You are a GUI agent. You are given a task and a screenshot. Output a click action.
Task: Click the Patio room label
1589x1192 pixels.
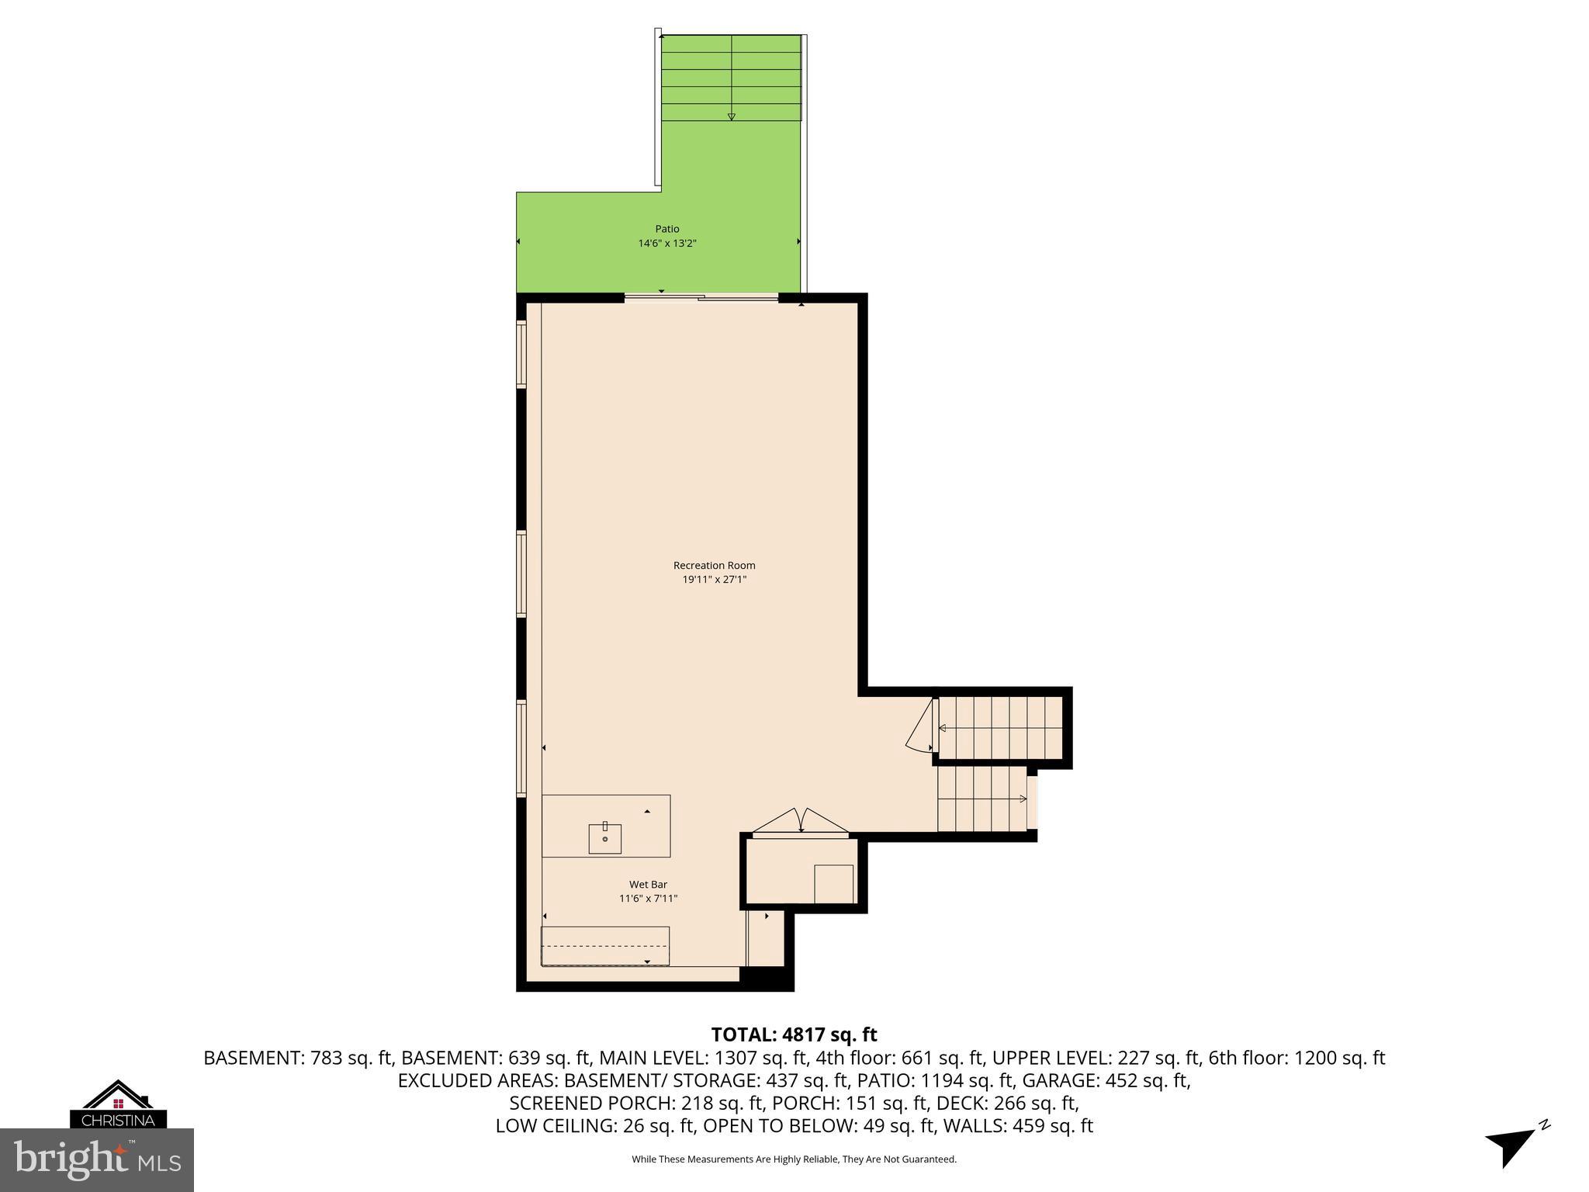tap(666, 229)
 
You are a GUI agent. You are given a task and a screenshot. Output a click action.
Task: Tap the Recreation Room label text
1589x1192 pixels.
tap(714, 565)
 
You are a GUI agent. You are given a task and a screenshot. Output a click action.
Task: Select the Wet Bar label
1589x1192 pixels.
tap(648, 884)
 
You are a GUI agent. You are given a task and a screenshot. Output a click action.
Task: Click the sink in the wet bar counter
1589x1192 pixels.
tap(605, 838)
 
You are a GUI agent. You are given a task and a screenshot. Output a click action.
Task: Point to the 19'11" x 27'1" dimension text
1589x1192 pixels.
tap(714, 579)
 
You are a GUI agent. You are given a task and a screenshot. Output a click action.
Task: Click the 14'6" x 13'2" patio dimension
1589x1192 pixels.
tap(667, 243)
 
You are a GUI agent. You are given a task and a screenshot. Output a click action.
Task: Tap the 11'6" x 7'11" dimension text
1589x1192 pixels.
tap(648, 899)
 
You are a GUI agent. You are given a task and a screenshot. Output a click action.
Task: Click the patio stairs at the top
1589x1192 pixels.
tap(731, 78)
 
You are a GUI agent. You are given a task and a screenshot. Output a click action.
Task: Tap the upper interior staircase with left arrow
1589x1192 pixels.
tap(999, 728)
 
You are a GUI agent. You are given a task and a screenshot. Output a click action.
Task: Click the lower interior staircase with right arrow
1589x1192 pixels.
tap(981, 799)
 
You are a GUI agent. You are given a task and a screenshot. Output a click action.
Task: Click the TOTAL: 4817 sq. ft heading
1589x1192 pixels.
tap(794, 1034)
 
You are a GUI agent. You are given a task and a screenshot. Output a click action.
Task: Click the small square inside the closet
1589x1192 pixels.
tap(833, 884)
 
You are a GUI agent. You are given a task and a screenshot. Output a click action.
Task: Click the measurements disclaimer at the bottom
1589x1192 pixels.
tap(794, 1159)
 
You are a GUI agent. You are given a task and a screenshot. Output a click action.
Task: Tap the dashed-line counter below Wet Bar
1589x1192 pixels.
tap(605, 945)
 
